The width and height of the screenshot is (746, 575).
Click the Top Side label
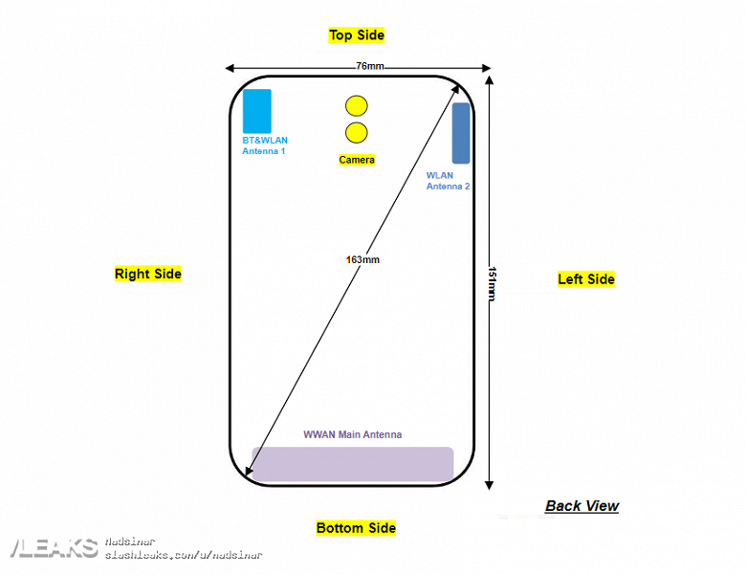coord(357,35)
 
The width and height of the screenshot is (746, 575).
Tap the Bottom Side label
coord(356,528)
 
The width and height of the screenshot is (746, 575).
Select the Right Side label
coord(148,274)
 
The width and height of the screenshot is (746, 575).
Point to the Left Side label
coord(586,279)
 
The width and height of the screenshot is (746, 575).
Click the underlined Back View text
coord(581,506)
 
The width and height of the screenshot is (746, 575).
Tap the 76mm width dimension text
coord(370,66)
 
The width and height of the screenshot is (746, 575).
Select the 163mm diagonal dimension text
coord(363,259)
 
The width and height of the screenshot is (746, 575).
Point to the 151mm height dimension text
coord(492,283)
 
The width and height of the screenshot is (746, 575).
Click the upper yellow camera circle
coord(357,106)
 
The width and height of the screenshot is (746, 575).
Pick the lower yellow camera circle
coord(357,133)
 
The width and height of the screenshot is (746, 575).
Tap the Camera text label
coord(357,160)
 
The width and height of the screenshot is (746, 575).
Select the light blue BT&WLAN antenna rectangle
coord(257,111)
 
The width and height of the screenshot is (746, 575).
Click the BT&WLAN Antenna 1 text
coord(264,145)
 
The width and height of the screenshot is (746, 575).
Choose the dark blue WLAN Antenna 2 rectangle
coord(461,133)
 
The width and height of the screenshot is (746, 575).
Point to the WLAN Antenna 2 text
coord(448,181)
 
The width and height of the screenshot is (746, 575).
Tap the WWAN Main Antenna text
coord(353,434)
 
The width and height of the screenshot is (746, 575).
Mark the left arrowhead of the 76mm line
coord(230,68)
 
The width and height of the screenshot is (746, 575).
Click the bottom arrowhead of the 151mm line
coord(490,484)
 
